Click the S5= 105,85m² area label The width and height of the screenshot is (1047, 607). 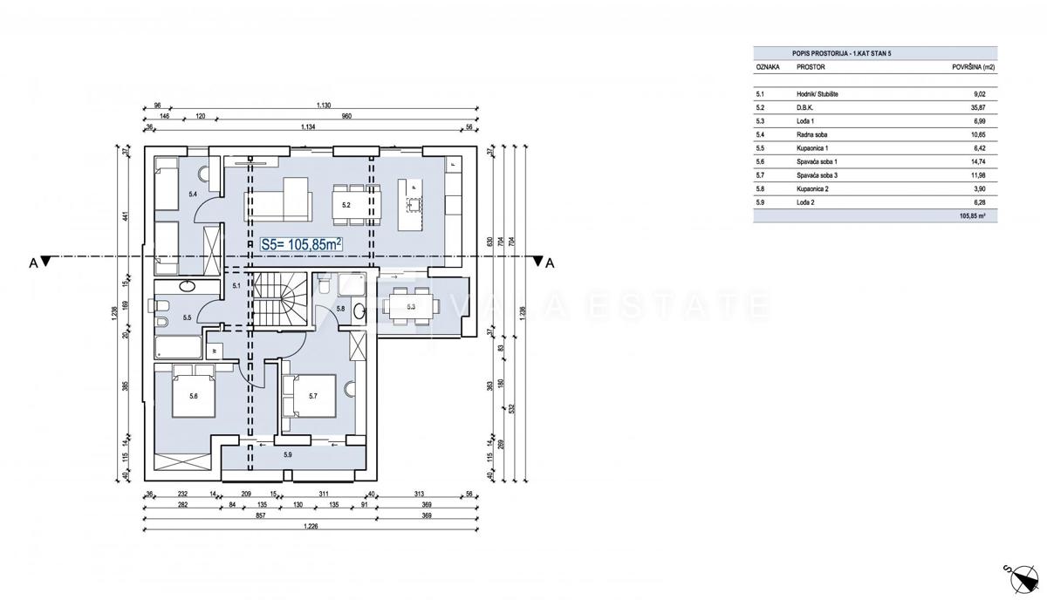click(299, 246)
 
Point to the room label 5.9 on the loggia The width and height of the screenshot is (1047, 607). click(288, 454)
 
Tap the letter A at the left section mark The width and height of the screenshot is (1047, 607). click(32, 265)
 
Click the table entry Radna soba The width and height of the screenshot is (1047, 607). click(811, 135)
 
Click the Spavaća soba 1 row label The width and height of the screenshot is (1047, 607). click(818, 162)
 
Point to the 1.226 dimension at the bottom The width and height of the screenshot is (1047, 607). click(310, 526)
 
